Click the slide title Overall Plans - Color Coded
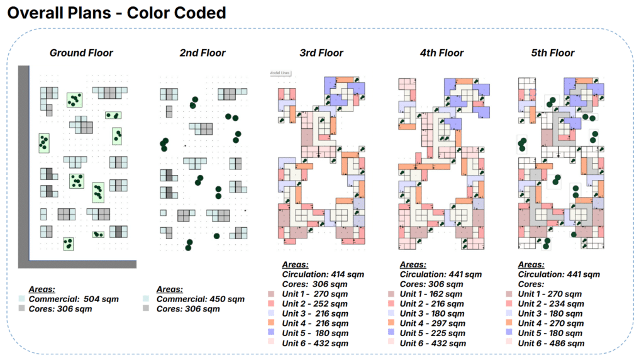click(116, 13)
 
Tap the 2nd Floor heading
click(202, 53)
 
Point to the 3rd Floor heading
click(321, 53)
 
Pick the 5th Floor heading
click(552, 53)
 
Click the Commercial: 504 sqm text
click(74, 299)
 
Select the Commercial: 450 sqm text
click(200, 299)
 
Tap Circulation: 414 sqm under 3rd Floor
click(323, 274)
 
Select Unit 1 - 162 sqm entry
click(431, 294)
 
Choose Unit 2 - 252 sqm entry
click(314, 304)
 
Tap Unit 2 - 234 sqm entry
click(551, 304)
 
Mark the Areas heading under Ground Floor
click(42, 290)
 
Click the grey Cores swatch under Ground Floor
click(23, 309)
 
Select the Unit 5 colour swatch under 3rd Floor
click(271, 334)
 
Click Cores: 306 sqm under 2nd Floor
click(188, 309)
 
